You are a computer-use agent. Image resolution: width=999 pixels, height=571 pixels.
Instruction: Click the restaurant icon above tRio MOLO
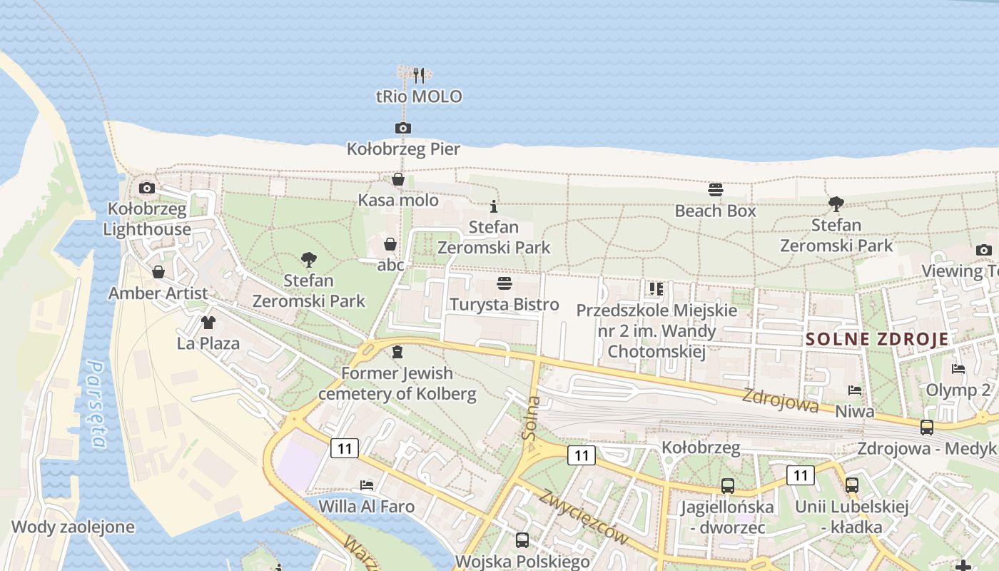[419, 74]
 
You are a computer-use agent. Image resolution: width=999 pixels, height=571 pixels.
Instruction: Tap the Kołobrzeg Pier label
[403, 149]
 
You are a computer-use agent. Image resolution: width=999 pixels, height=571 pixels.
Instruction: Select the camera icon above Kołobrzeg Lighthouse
[147, 188]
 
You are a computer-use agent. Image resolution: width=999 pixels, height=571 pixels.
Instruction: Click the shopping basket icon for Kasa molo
[398, 179]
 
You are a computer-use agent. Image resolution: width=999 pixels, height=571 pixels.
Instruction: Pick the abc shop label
[390, 265]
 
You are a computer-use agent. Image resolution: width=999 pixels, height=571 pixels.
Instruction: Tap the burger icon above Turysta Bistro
[504, 283]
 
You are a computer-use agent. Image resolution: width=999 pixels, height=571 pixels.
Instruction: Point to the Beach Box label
[715, 211]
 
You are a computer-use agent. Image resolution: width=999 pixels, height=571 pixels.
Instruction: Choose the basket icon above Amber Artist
[158, 272]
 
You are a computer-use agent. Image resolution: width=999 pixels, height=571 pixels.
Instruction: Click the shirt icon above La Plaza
[208, 323]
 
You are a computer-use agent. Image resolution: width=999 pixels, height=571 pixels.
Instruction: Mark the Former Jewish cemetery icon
[397, 352]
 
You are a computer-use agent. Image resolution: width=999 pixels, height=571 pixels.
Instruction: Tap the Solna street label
[532, 418]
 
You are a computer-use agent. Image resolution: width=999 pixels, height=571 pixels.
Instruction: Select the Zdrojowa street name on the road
[780, 400]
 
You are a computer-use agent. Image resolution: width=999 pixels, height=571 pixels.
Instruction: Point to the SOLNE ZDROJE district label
[877, 340]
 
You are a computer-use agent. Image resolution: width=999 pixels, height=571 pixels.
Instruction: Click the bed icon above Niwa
[855, 390]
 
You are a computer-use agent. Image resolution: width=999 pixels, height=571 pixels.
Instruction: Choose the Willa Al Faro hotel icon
[367, 485]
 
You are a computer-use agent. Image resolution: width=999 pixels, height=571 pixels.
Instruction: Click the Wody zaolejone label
[73, 527]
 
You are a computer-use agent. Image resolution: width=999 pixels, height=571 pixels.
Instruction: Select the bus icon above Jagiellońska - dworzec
[727, 486]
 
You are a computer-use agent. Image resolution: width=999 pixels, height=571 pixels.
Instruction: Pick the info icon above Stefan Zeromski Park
[494, 207]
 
